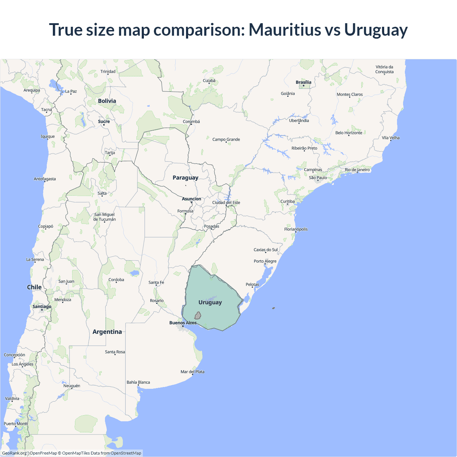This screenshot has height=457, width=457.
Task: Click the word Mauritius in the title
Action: coord(285,30)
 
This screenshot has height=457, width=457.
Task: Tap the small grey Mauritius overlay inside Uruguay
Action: coord(198,316)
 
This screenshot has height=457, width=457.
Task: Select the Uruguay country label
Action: coord(210,302)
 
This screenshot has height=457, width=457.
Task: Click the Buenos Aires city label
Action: coord(183,323)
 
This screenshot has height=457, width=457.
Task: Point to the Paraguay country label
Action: coord(185,177)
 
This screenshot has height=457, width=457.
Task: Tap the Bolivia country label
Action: coord(107,101)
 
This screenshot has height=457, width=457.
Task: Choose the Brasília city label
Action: coord(303,82)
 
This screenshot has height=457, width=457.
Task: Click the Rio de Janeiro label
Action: coord(357,170)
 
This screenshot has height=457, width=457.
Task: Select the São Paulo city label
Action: coord(318,178)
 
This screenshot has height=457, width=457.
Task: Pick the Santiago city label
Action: coord(42,307)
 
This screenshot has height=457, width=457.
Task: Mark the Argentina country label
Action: coord(107,332)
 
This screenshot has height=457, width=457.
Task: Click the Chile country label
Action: coord(34,287)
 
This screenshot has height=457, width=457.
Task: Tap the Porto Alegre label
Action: coord(265,261)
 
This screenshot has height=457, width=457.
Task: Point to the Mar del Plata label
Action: coord(192,372)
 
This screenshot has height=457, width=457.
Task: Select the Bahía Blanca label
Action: coord(138,382)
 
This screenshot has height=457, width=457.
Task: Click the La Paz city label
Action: coord(71,91)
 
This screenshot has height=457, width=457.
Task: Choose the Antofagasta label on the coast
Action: coord(45,179)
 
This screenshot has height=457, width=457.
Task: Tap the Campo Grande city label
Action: coord(226,140)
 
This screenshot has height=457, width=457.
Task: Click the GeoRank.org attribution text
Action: coord(14,453)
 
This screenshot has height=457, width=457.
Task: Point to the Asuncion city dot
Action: coord(191,202)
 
